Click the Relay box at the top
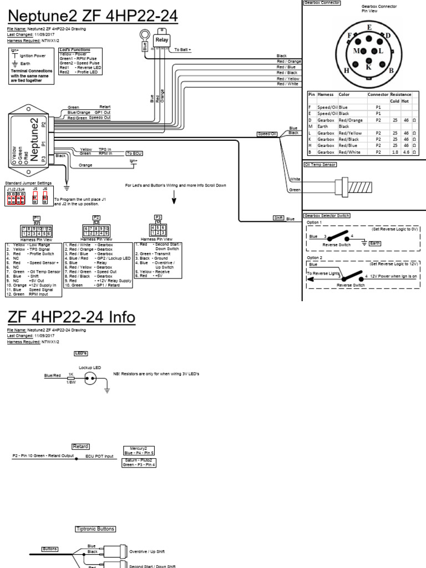tap(162, 40)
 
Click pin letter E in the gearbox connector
tap(369, 27)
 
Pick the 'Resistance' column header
tap(400, 95)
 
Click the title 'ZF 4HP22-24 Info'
tap(71, 318)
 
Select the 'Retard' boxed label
tap(80, 447)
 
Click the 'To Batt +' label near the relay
tap(182, 50)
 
